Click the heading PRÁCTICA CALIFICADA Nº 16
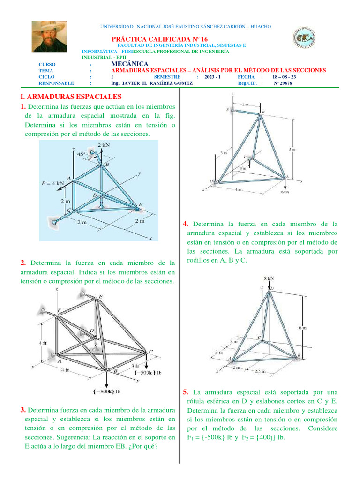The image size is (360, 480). [159, 39]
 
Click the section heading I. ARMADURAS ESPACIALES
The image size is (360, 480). [71, 97]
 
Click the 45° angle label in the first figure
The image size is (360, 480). [82, 153]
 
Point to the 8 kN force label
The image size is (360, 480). [269, 278]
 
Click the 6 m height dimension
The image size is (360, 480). [303, 328]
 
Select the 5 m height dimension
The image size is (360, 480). [292, 149]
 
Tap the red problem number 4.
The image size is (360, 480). [186, 224]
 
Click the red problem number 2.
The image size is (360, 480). [23, 262]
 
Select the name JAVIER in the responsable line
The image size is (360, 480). [136, 83]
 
